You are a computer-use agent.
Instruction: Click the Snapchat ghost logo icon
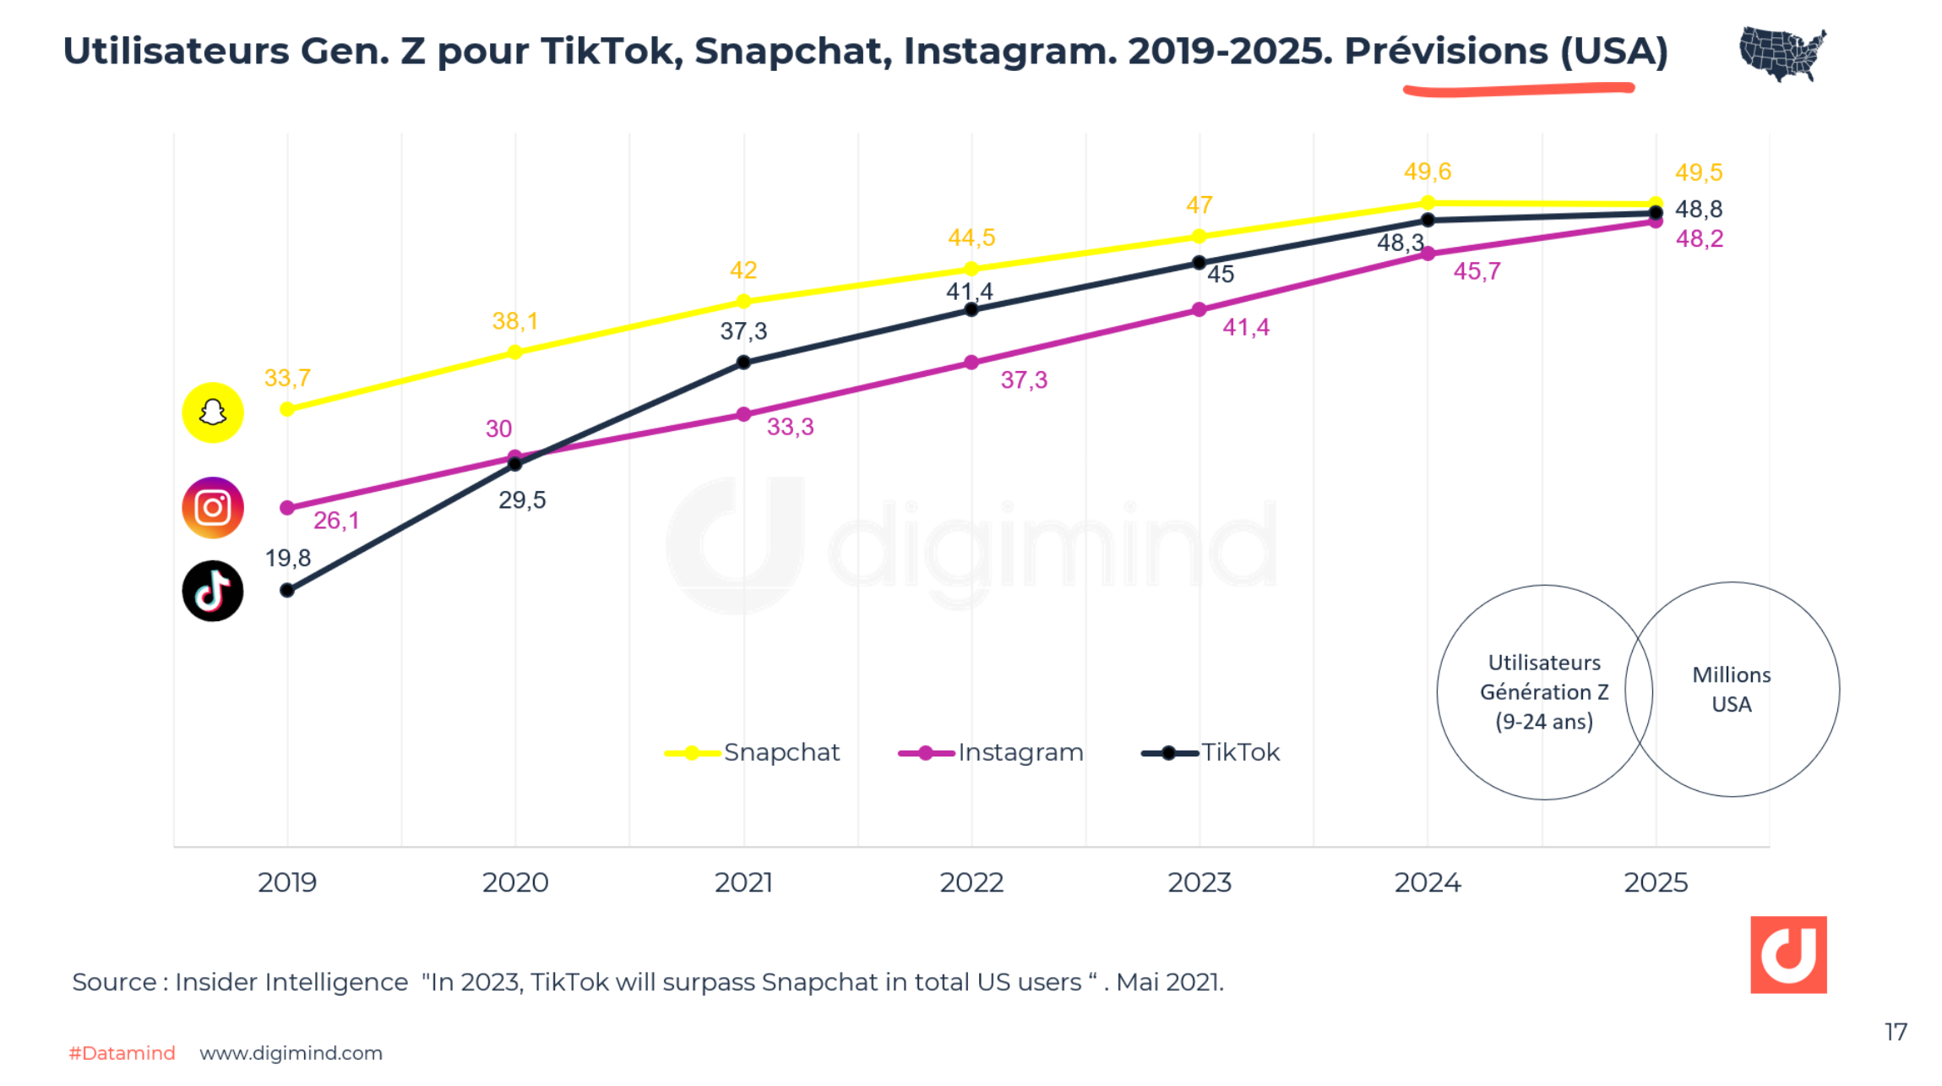[213, 412]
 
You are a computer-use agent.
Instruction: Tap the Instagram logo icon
[213, 508]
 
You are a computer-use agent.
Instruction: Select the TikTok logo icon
[213, 591]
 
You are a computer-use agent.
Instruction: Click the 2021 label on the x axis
[743, 883]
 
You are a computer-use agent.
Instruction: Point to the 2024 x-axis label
[1428, 883]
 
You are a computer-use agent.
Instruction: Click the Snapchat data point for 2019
[287, 409]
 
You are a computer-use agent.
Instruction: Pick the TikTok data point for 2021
[743, 363]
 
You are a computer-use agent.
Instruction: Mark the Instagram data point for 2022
[971, 363]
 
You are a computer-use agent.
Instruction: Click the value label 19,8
[288, 559]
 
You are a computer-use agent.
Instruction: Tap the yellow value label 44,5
[971, 237]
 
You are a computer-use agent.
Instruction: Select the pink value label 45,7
[1477, 271]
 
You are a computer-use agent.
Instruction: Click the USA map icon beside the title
[1782, 53]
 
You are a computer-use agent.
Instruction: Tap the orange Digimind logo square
[1788, 954]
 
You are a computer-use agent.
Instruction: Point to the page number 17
[1896, 1032]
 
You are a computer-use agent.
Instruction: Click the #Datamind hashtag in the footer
[122, 1053]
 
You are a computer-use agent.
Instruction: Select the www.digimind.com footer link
[291, 1053]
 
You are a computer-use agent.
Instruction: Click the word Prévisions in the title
[1445, 52]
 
